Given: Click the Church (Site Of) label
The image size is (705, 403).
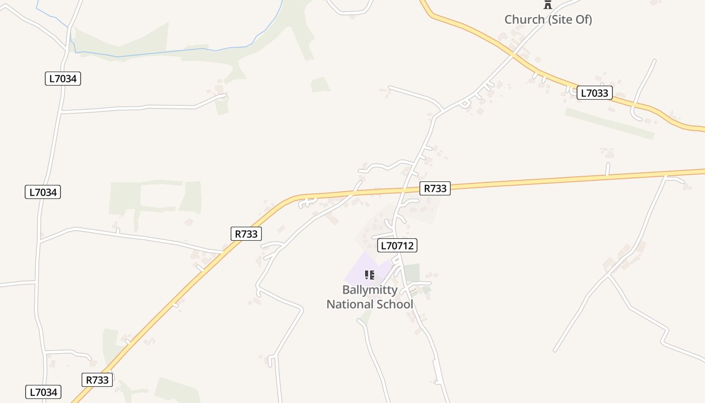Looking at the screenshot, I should click(548, 20).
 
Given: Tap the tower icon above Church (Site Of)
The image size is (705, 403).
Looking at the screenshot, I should click(548, 5).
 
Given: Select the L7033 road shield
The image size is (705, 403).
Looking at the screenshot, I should click(594, 93).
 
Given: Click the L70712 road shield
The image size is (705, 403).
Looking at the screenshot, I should click(397, 245).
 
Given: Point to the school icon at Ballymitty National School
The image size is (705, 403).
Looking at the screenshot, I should click(370, 275).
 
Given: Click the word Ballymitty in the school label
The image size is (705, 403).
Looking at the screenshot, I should click(370, 290).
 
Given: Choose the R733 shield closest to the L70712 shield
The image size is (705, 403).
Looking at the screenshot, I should click(435, 188).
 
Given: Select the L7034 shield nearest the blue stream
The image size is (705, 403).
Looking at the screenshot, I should click(63, 79).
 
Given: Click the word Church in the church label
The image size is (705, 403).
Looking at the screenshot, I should click(524, 20).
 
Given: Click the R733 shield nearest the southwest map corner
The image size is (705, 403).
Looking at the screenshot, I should click(97, 380).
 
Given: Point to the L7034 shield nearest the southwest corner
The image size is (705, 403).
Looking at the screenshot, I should click(43, 392).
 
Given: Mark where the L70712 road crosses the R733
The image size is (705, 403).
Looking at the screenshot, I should click(405, 190).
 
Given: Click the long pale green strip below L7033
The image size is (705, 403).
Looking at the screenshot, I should click(609, 123).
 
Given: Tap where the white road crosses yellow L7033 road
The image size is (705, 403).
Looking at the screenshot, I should click(514, 54).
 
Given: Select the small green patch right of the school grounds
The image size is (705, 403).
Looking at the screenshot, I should click(412, 273).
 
